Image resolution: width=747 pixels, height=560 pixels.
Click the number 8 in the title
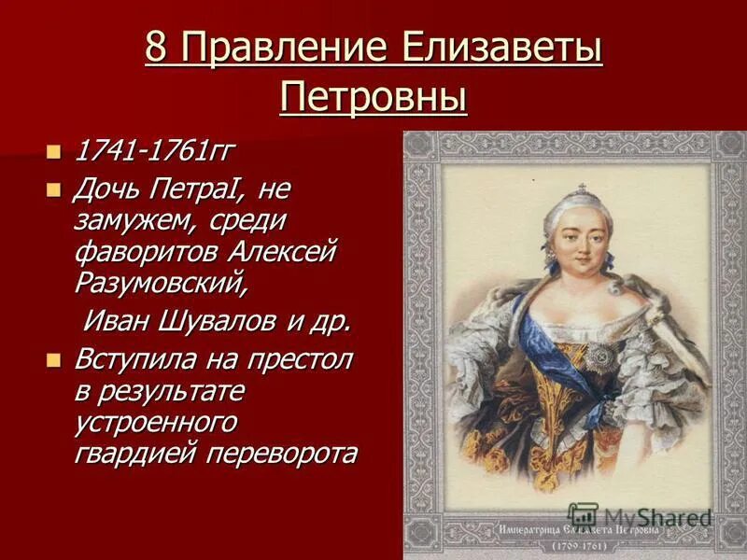point(156,49)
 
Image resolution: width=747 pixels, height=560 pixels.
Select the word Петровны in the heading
point(373,96)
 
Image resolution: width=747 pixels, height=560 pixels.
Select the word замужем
point(130,221)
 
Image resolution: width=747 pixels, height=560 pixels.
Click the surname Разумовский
point(175,282)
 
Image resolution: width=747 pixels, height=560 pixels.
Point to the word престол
point(302,360)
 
